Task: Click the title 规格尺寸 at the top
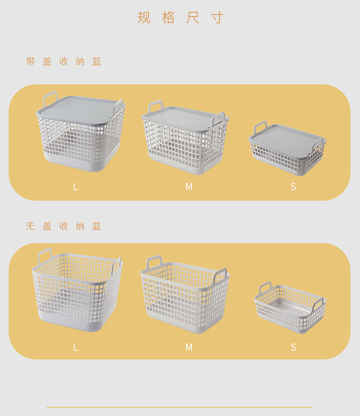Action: coord(180,18)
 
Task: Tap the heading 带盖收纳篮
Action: coord(64,61)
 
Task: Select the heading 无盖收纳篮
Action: coord(64,226)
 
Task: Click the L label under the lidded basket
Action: coord(75,187)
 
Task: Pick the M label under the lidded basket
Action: coord(189,187)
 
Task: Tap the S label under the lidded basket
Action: coord(293,187)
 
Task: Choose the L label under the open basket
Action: coord(75,347)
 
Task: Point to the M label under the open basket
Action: coord(189,347)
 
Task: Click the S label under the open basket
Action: coord(293,347)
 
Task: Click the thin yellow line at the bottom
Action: coord(180,407)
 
